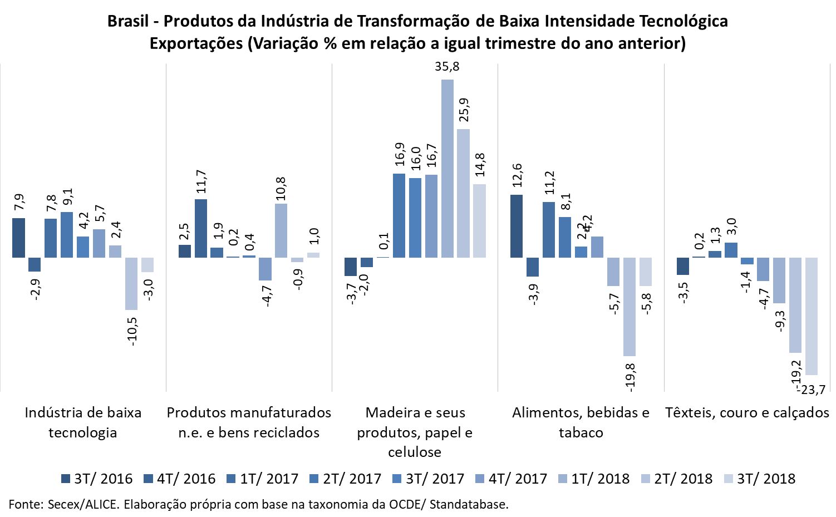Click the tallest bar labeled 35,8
pyautogui.click(x=447, y=169)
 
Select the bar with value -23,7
pyautogui.click(x=812, y=316)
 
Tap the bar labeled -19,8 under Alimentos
pyautogui.click(x=630, y=307)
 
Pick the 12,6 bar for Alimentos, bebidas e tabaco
pyautogui.click(x=517, y=226)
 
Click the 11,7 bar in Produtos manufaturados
pyautogui.click(x=201, y=228)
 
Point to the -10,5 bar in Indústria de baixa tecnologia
pyautogui.click(x=131, y=283)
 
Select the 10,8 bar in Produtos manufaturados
pyautogui.click(x=281, y=230)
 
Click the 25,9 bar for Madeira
pyautogui.click(x=463, y=193)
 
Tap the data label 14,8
pyautogui.click(x=480, y=165)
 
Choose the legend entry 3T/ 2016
pyautogui.click(x=97, y=479)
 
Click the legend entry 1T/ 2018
pyautogui.click(x=594, y=479)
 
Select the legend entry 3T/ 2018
pyautogui.click(x=760, y=479)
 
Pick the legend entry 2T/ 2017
pyautogui.click(x=346, y=479)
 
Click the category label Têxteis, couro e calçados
pyautogui.click(x=747, y=412)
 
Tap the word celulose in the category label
pyautogui.click(x=415, y=452)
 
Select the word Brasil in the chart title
pyautogui.click(x=128, y=21)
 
